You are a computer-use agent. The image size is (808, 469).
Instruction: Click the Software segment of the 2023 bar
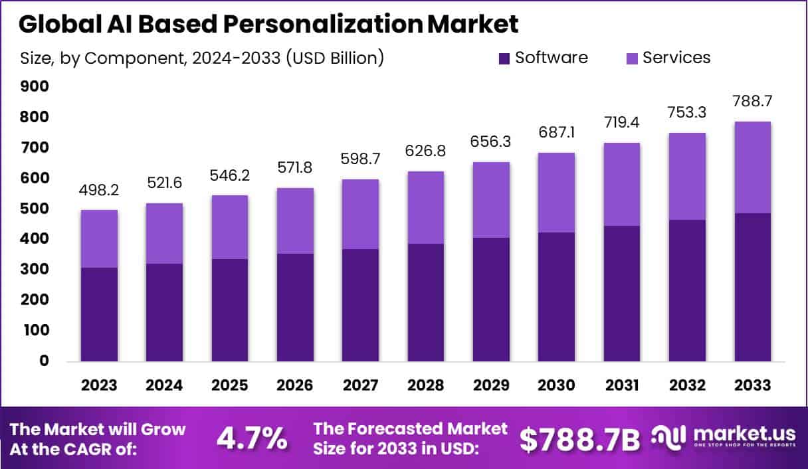click(x=100, y=314)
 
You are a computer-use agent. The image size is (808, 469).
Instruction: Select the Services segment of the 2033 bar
click(x=753, y=167)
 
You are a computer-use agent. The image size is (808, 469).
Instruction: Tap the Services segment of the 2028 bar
click(x=426, y=207)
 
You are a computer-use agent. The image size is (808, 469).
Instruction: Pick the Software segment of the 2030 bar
click(x=557, y=296)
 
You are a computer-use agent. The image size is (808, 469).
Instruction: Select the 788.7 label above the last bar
click(x=753, y=102)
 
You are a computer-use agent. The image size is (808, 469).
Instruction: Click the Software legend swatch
click(x=504, y=58)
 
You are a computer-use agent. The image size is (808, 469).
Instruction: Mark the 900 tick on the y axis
click(x=35, y=86)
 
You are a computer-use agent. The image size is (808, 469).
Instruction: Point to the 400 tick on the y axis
click(x=35, y=238)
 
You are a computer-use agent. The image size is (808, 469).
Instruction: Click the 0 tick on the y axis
click(x=44, y=361)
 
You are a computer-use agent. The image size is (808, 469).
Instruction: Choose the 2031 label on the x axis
click(x=622, y=386)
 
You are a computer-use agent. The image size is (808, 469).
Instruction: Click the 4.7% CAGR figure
click(x=252, y=438)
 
